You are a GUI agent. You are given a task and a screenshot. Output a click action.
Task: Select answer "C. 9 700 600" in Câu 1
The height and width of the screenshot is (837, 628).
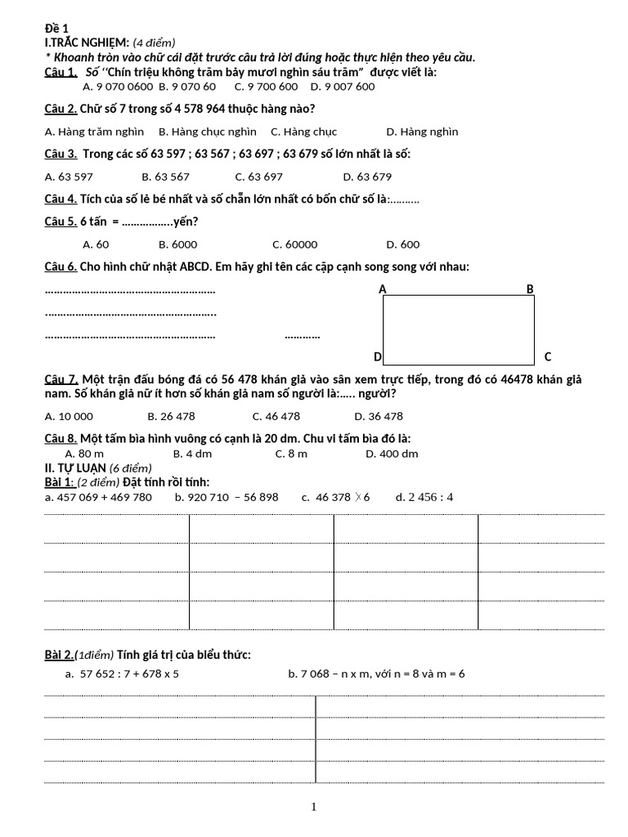(x=266, y=87)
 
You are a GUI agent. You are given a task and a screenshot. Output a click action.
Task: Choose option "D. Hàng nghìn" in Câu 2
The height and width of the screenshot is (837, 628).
(x=422, y=132)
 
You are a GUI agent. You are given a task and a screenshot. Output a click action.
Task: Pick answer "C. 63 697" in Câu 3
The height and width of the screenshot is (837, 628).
(x=259, y=176)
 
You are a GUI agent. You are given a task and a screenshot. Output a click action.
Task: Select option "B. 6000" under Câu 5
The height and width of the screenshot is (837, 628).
(x=177, y=244)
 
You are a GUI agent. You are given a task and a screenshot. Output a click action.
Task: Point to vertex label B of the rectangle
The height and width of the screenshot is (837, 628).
(x=529, y=289)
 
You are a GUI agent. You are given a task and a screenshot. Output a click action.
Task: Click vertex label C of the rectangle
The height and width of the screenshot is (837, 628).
(x=548, y=356)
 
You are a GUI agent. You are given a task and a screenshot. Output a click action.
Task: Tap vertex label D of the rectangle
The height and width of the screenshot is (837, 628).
(x=377, y=356)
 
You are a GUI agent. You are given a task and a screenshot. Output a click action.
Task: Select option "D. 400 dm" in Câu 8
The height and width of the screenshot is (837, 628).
(x=392, y=454)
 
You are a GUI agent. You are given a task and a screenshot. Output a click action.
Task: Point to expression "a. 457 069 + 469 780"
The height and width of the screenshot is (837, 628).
(x=98, y=497)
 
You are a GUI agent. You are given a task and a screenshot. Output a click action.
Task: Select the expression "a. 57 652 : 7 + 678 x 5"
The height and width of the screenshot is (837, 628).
(x=122, y=674)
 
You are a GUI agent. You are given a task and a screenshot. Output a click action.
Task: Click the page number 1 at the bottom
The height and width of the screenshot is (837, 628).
(x=313, y=808)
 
